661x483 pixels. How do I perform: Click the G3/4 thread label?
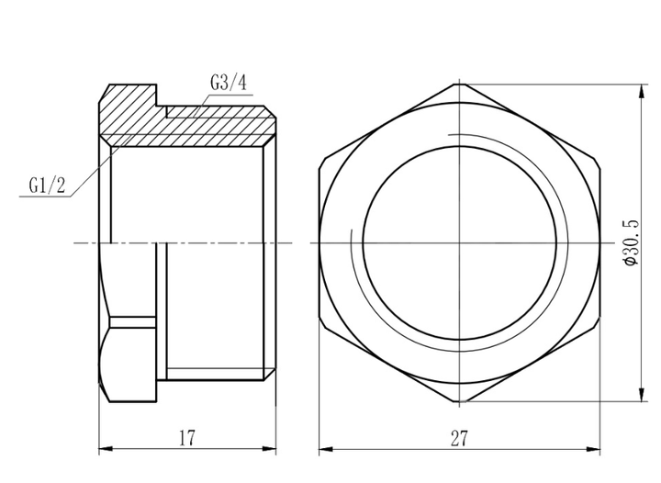tap(228, 83)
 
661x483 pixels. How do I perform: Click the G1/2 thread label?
tap(47, 185)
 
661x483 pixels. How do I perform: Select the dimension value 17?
tap(187, 438)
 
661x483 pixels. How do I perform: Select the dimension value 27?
tap(459, 439)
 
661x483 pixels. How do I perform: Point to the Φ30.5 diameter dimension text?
tap(631, 242)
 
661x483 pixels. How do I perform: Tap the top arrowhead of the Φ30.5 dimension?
tap(642, 92)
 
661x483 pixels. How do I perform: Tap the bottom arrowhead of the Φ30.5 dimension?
tap(642, 394)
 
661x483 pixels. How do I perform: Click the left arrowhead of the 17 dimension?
tap(106, 448)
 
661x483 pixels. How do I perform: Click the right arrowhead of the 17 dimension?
tap(269, 448)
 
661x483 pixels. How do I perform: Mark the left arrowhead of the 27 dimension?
tap(326, 449)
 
